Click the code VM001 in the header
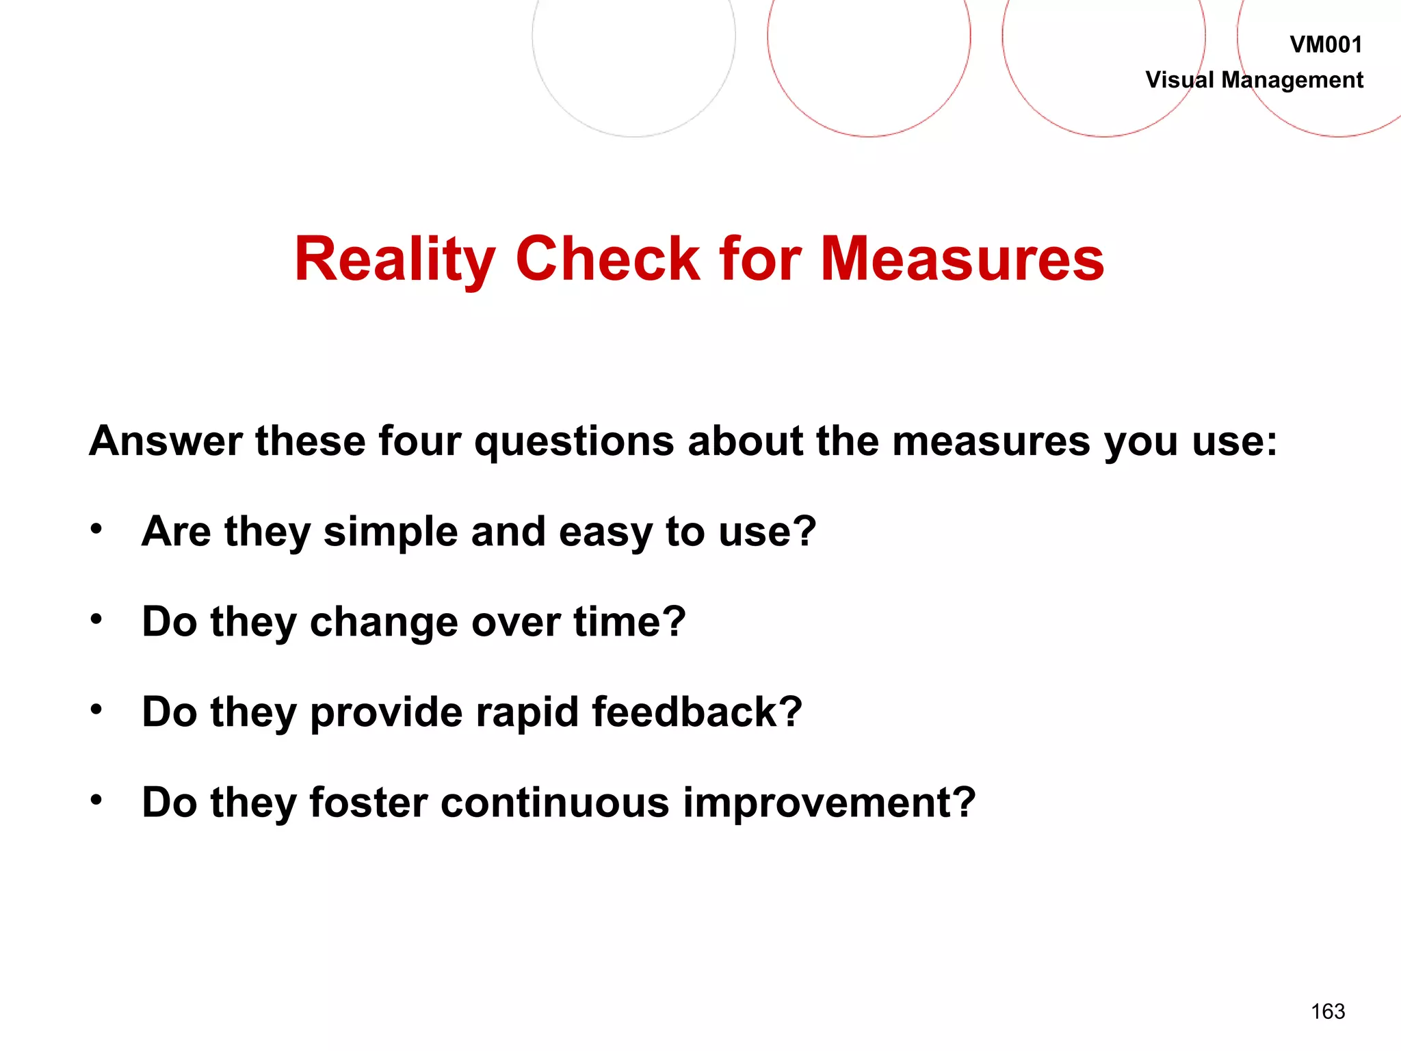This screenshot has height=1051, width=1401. (x=1325, y=45)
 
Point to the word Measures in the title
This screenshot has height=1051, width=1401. (x=962, y=259)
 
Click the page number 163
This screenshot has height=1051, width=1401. (x=1328, y=1011)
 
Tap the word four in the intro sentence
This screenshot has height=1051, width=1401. (x=419, y=441)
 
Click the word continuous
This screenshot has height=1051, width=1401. (x=555, y=803)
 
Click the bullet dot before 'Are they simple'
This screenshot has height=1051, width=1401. (x=96, y=529)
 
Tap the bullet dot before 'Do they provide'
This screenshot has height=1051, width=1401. (x=96, y=710)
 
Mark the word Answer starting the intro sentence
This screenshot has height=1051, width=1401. (x=166, y=441)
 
